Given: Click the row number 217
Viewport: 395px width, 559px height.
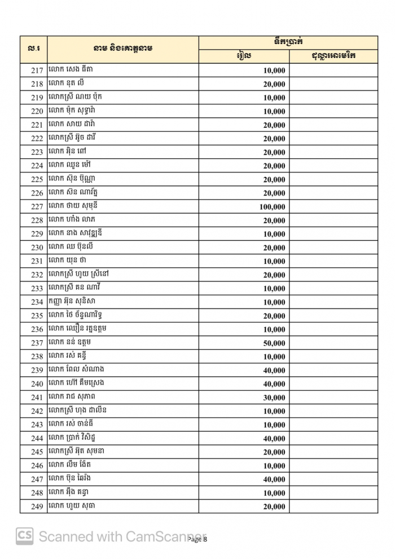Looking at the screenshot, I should coord(37,71).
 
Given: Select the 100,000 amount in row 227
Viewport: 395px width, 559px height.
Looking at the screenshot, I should coord(272,207).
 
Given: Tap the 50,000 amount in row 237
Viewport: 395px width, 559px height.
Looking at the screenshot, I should coord(274,343).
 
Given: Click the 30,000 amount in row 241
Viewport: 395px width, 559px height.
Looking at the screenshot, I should coord(274,397).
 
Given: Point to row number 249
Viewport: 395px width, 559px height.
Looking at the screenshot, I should coord(37,506).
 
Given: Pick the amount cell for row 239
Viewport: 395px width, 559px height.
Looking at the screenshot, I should coord(274,370).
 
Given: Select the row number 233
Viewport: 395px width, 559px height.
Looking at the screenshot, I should coord(37,288).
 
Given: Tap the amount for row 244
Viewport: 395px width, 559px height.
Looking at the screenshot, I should coord(274,439).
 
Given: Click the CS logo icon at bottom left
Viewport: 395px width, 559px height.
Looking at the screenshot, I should coord(24,536).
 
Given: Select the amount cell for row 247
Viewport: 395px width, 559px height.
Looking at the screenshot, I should coord(274,479).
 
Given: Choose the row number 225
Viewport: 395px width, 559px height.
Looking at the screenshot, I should coord(37,180).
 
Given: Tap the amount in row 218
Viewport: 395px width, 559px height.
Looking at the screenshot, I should coord(274,84).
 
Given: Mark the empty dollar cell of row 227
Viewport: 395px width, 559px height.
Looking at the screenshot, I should coord(333,207).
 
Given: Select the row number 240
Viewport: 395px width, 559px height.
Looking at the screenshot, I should coord(37,384).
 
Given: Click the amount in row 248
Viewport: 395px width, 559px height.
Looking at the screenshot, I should coord(274,493).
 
